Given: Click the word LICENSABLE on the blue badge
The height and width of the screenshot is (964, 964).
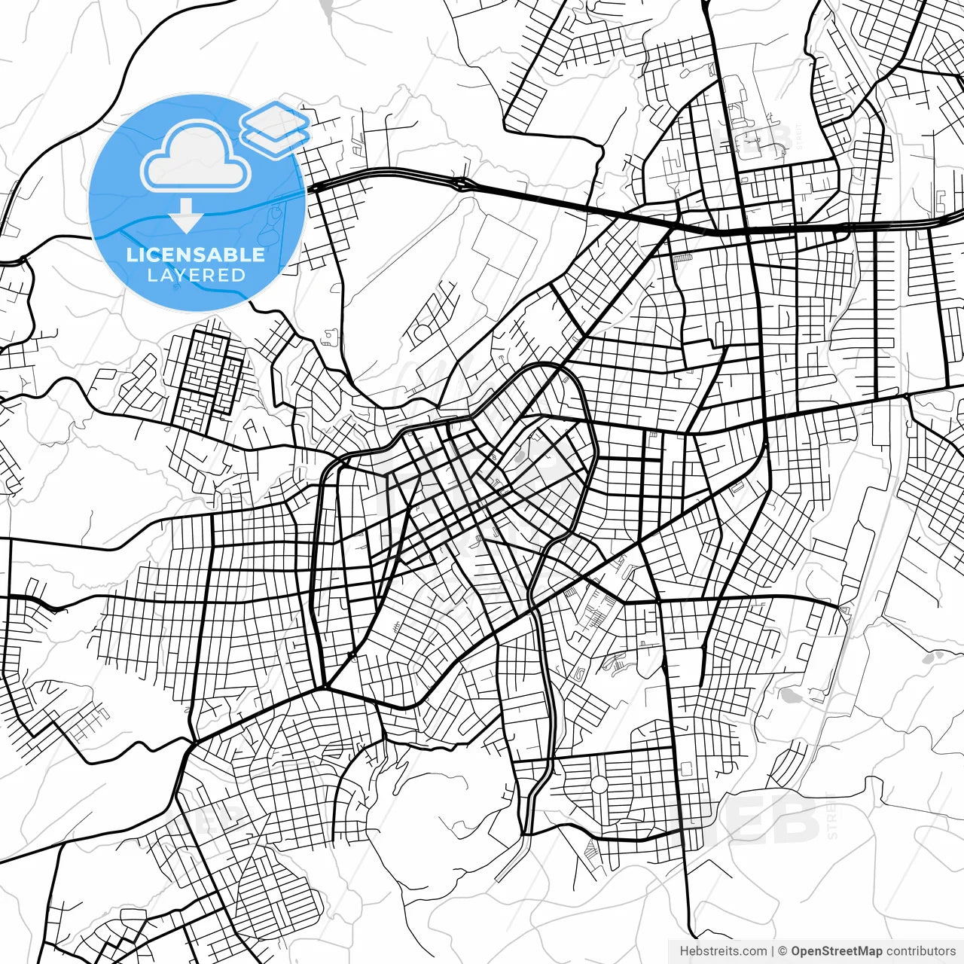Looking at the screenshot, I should pyautogui.click(x=196, y=255).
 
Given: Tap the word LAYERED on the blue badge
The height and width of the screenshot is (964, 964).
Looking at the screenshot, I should pyautogui.click(x=196, y=276).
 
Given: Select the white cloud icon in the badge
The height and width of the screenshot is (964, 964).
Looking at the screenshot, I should pyautogui.click(x=196, y=156).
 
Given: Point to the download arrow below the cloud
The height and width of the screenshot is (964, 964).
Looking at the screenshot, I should pyautogui.click(x=185, y=215).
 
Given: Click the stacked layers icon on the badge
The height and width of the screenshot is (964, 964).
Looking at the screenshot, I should pyautogui.click(x=275, y=124).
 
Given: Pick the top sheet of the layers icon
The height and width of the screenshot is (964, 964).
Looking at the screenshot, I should pyautogui.click(x=275, y=117).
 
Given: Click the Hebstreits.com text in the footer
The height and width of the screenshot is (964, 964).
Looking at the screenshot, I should pyautogui.click(x=723, y=951).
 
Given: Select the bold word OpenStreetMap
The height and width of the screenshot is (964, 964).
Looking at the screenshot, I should pyautogui.click(x=836, y=951).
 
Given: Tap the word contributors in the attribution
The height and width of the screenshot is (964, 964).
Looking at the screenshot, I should pyautogui.click(x=920, y=951).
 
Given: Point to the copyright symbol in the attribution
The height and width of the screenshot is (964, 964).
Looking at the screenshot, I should pyautogui.click(x=782, y=951).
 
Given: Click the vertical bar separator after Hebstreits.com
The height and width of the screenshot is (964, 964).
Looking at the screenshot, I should pyautogui.click(x=773, y=951).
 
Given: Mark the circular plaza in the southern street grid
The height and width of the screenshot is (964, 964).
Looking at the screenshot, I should pyautogui.click(x=599, y=786).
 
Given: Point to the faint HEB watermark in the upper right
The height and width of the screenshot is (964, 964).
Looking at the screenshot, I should pyautogui.click(x=757, y=139).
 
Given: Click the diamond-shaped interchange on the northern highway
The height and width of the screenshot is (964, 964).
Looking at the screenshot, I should pyautogui.click(x=461, y=183).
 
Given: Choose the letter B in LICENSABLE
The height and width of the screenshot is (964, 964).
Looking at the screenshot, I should pyautogui.click(x=225, y=255).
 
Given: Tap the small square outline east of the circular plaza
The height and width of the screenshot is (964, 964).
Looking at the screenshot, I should pyautogui.click(x=685, y=769).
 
